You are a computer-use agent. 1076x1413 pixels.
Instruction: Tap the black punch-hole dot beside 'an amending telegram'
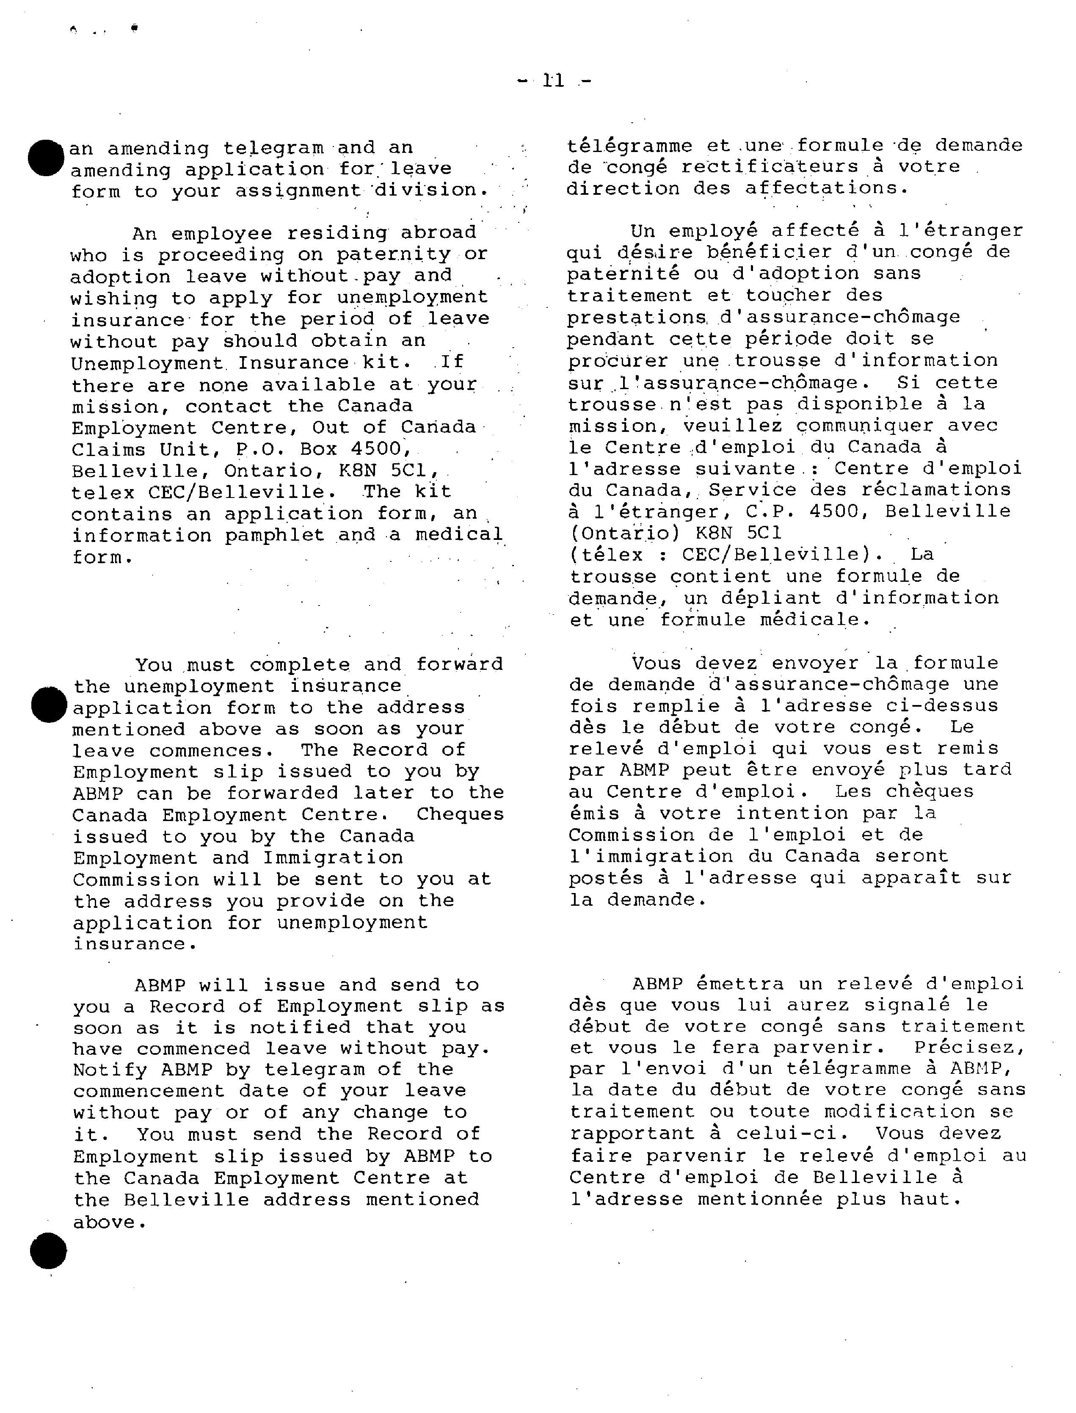[46, 158]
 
